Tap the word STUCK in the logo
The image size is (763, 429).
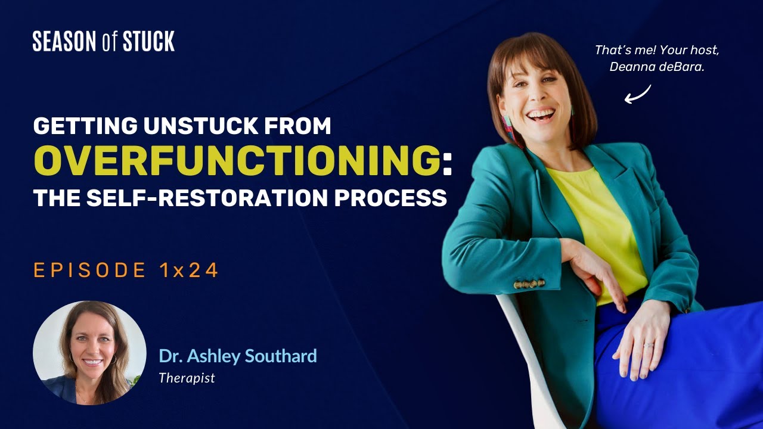[148, 42]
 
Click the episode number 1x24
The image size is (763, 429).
[189, 271]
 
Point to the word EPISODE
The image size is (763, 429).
[90, 271]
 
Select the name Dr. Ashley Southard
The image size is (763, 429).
[237, 356]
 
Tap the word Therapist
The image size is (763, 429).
[187, 378]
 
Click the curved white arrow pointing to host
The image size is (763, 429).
[638, 94]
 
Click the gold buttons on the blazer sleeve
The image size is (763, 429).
[529, 284]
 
